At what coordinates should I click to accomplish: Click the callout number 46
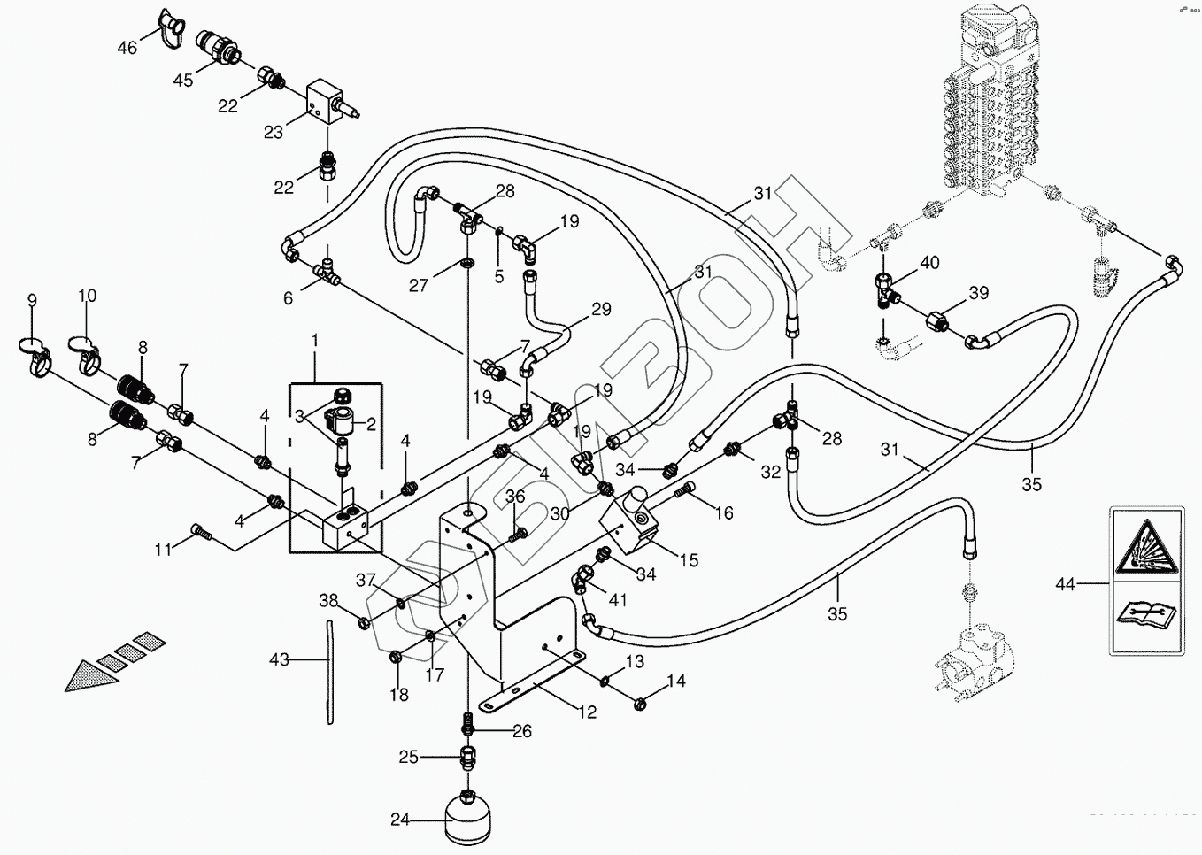coord(127,48)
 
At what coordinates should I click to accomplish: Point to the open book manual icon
coord(1145,612)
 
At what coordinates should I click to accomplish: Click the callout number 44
coord(1066,584)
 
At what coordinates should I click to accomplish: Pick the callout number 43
coord(280,659)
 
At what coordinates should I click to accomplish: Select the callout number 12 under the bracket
coord(588,712)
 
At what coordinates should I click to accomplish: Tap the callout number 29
coord(601,310)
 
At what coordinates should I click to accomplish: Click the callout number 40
coord(929,263)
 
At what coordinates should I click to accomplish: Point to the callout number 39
coord(978,293)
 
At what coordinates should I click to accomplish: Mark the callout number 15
coord(689,559)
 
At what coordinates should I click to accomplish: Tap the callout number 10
coord(87,296)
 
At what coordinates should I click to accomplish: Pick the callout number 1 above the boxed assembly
coord(313,340)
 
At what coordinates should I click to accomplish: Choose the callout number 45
coord(183,81)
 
